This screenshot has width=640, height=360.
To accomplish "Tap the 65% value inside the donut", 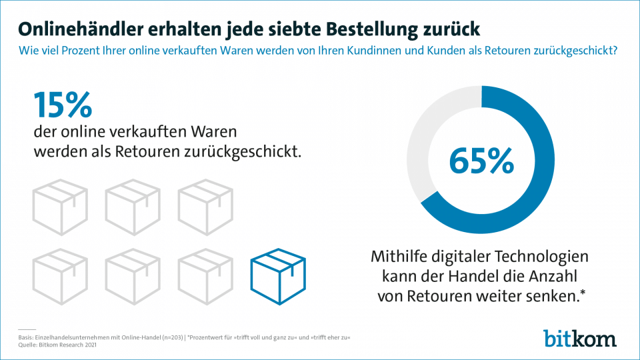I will tap(481, 160).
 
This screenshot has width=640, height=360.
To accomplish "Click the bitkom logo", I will tap(579, 337).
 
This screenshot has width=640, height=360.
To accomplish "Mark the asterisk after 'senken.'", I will tap(584, 294).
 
